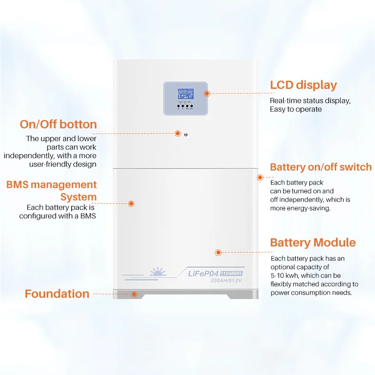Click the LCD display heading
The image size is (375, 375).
pos(303,85)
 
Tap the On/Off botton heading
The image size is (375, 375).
pos(58,124)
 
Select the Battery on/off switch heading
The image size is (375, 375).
pos(321,167)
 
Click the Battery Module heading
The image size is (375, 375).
pos(313,243)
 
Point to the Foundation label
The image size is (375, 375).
pos(57,294)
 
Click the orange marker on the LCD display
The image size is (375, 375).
pos(207,94)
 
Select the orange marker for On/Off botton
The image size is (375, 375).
pos(178,133)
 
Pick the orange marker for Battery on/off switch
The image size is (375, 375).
pos(260,178)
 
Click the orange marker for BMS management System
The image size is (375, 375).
pos(131,203)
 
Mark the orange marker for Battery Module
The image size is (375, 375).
pos(218,253)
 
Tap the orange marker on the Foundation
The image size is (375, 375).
pos(134,294)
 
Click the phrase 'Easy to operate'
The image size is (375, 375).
pos(296,109)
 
